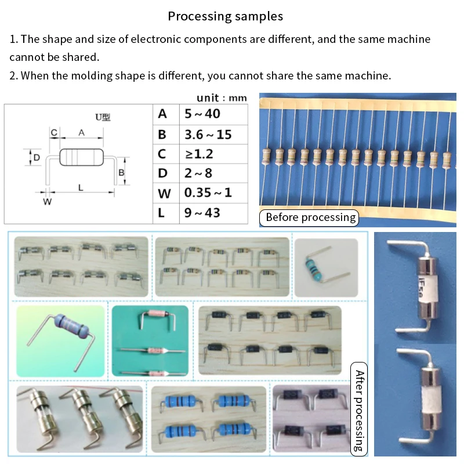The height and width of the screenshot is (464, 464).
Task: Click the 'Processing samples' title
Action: pos(226,16)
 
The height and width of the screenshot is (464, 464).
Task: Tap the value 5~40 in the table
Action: pos(202,114)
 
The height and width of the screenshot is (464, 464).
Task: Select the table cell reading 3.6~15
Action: pos(208,135)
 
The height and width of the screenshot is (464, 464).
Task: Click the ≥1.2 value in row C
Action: pos(198,154)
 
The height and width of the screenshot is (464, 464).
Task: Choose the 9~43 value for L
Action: pos(202,213)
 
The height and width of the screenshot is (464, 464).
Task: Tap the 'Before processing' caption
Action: pos(310,217)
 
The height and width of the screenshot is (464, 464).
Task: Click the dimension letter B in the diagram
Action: pos(121,173)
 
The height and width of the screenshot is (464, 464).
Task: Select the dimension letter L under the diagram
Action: pos(81,187)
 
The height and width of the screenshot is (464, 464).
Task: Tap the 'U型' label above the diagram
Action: pos(102,118)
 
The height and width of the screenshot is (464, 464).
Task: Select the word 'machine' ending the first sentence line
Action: pos(409,40)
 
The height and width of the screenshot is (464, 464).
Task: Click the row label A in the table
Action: pos(162,114)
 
